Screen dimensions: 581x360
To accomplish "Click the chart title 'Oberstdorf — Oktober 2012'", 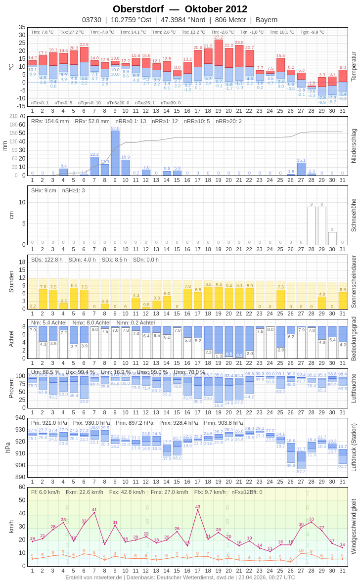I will [x=180, y=9].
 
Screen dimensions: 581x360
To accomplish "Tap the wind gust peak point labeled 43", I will [x=198, y=510].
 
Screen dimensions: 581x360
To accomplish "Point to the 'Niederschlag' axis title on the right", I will [x=354, y=146].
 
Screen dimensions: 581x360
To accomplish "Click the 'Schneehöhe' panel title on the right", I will [x=354, y=215].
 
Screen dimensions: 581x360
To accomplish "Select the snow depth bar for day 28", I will [x=312, y=225].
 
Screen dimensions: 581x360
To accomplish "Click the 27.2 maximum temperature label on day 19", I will [x=219, y=37].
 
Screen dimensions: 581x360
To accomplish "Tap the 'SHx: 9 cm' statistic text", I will [x=44, y=190].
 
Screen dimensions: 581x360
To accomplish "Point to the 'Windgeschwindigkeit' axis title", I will [x=354, y=526].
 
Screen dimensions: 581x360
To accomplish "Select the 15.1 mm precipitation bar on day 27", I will [x=301, y=169].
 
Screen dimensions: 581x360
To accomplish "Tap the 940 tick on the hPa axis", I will [x=20, y=418].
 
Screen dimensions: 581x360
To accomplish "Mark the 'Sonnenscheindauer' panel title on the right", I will [x=354, y=282].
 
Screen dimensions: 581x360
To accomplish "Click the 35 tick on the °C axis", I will [x=22, y=27].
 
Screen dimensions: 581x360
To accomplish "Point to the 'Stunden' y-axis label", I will [x=11, y=282].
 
